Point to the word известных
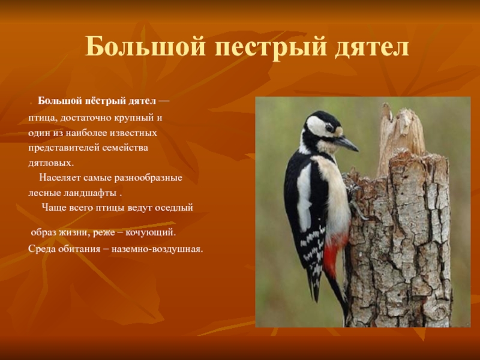pos(136,131)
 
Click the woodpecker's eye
pos(329,128)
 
